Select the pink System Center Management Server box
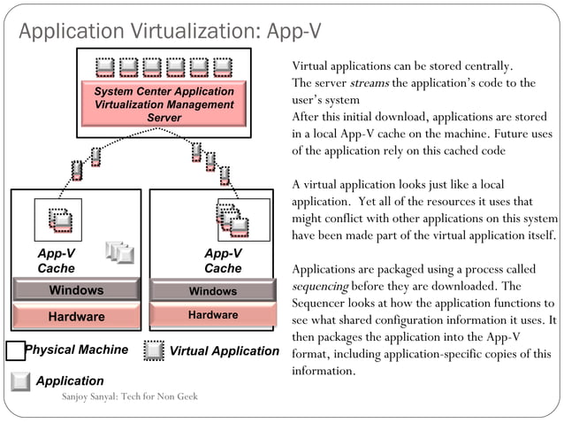click(x=164, y=104)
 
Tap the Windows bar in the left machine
click(x=75, y=290)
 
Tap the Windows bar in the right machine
click(x=213, y=291)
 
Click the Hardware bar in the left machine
click(x=75, y=316)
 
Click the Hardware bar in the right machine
click(x=213, y=315)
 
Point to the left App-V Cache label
click(x=56, y=260)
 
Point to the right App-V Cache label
click(x=223, y=260)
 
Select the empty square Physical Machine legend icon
click(x=15, y=350)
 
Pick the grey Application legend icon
click(x=21, y=381)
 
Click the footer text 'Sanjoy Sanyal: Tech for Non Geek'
click(x=129, y=396)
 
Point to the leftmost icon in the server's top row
click(x=105, y=65)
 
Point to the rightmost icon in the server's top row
click(x=222, y=65)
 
